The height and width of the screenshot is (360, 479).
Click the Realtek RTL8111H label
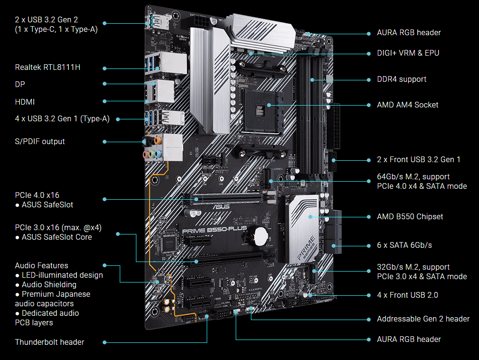click(48, 67)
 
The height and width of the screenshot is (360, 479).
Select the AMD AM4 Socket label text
click(407, 105)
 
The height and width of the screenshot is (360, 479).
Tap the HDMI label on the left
click(25, 102)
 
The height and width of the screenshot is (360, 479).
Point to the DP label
click(20, 84)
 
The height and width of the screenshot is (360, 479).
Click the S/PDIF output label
click(40, 141)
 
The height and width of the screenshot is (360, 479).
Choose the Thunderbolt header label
click(49, 342)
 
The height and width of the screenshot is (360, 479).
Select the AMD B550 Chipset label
click(410, 216)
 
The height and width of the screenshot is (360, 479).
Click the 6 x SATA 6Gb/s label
click(404, 245)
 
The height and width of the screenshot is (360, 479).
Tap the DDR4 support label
click(402, 79)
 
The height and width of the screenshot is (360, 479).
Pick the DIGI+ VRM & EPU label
click(408, 53)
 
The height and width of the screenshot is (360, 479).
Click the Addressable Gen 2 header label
click(423, 319)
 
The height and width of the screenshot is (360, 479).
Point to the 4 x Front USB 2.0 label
click(407, 295)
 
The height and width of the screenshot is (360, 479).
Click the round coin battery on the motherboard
click(260, 234)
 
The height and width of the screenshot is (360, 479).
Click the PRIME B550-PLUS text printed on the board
click(214, 229)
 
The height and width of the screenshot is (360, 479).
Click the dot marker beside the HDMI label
click(105, 101)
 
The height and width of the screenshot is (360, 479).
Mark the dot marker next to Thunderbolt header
click(105, 342)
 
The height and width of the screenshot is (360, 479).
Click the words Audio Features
click(41, 265)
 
